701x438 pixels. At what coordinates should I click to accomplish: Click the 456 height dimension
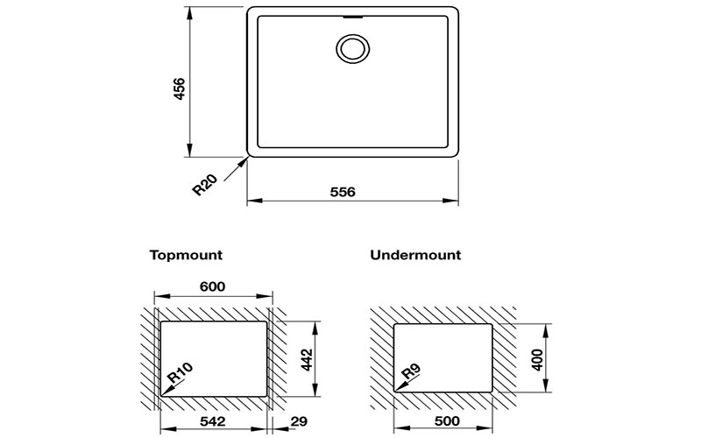point(179,88)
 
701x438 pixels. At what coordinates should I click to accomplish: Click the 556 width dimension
point(343,192)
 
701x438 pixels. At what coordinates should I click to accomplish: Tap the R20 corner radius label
point(204,184)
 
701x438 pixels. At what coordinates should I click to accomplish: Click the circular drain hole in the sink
point(353,48)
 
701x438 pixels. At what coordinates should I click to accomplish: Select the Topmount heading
point(186,255)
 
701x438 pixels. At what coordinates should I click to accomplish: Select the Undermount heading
point(415,255)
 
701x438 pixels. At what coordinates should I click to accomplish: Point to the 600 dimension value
point(212,286)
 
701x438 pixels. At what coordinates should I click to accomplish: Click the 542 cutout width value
point(212,421)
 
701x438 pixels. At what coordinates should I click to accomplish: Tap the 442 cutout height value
point(307,359)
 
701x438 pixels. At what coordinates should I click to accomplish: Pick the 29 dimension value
point(299,421)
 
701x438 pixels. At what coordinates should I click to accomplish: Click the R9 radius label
point(410,371)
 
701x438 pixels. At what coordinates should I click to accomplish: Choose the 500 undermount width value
point(447,421)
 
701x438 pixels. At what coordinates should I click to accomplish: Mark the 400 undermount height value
point(537,359)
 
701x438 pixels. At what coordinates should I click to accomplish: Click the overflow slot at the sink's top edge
point(353,18)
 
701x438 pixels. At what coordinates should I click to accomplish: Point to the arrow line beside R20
point(236,169)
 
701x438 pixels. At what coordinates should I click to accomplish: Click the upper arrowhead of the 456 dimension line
point(189,14)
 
